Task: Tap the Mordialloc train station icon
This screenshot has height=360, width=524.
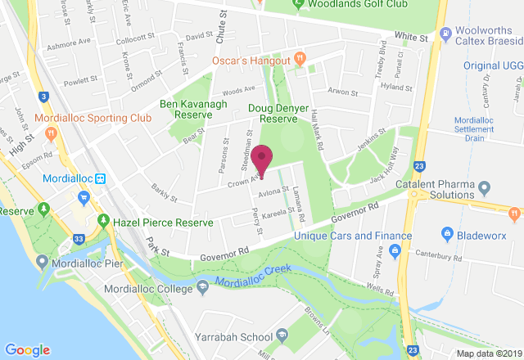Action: [x=101, y=178]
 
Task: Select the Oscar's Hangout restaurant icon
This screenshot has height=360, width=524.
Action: [x=300, y=60]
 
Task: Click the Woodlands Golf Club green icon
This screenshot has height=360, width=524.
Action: [x=299, y=4]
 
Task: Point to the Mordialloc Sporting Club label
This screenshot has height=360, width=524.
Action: [x=94, y=118]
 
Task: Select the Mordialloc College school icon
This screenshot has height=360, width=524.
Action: [x=202, y=287]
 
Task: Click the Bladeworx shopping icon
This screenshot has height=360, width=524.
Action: [x=447, y=234]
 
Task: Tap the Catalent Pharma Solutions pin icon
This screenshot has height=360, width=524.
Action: [x=485, y=189]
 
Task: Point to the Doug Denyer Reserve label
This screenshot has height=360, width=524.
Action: [x=283, y=113]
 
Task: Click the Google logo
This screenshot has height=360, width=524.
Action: [x=27, y=349]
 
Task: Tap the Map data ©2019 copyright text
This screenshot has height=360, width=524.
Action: [x=489, y=353]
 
